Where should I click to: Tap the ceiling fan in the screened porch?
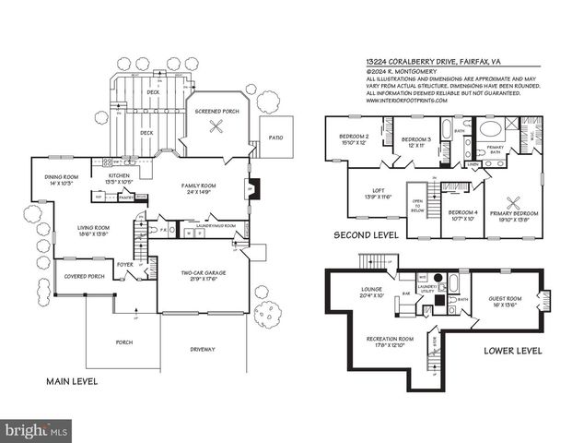click(218, 130)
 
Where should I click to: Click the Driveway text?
click(203, 349)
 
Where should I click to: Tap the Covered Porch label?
click(81, 276)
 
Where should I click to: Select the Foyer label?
click(124, 264)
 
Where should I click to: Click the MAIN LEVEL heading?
click(72, 381)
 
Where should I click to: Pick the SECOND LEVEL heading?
click(366, 235)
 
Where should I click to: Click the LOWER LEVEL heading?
click(512, 351)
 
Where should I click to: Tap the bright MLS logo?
click(37, 430)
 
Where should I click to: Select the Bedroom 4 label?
click(461, 216)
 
